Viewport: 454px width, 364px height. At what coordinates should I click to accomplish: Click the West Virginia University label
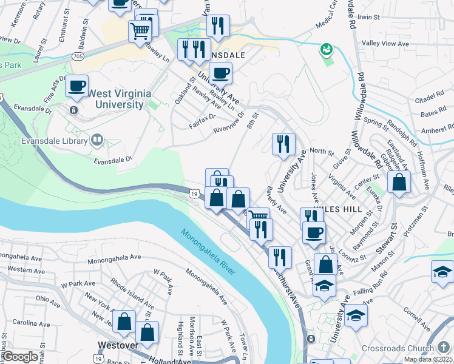pyautogui.click(x=115, y=99)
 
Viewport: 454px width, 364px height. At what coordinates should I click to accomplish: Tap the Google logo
pyautogui.click(x=20, y=357)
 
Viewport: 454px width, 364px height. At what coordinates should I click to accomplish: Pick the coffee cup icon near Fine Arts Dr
pyautogui.click(x=76, y=86)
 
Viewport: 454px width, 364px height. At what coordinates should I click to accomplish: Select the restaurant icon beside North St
pyautogui.click(x=283, y=144)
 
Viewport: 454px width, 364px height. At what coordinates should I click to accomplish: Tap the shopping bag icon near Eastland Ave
pyautogui.click(x=399, y=183)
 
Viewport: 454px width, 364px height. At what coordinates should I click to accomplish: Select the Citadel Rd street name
pyautogui.click(x=432, y=96)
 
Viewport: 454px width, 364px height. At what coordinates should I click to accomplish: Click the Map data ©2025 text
pyautogui.click(x=428, y=359)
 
